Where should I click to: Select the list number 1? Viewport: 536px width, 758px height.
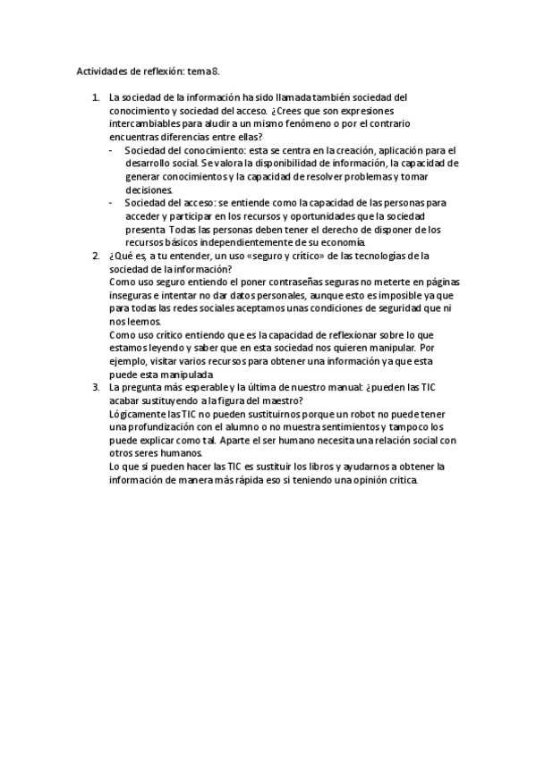coord(96,97)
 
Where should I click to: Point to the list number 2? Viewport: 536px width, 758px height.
coord(96,256)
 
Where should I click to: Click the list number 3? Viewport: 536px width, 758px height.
coord(96,387)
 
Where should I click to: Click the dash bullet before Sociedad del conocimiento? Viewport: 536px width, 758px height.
coord(110,150)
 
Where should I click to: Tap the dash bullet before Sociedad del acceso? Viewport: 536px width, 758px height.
coord(110,203)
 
